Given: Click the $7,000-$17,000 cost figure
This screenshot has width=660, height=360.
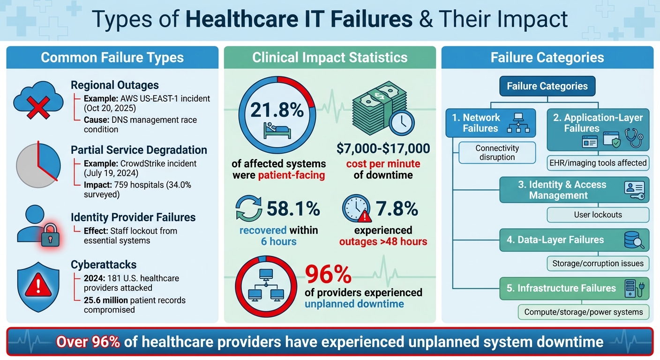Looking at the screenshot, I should [x=383, y=149].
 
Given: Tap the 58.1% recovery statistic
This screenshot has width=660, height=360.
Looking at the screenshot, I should [x=293, y=209].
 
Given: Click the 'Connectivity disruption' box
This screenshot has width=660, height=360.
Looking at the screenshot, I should [x=497, y=153].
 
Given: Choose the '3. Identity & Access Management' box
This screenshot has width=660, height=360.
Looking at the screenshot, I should [x=574, y=190].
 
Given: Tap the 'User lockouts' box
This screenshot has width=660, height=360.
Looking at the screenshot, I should [x=598, y=215].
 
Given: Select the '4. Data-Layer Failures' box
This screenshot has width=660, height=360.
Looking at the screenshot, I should [x=574, y=240].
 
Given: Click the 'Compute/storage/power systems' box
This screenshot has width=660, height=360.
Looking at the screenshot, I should [x=584, y=312].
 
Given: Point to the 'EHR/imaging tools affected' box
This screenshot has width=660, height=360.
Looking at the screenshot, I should [x=598, y=163].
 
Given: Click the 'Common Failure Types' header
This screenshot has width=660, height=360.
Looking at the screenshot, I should [x=112, y=58].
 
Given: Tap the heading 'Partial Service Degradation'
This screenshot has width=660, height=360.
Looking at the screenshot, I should [x=139, y=150].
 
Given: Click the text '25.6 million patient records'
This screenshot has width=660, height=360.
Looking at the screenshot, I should [x=135, y=300].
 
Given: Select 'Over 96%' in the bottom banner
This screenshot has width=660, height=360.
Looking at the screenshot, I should [x=88, y=342].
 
